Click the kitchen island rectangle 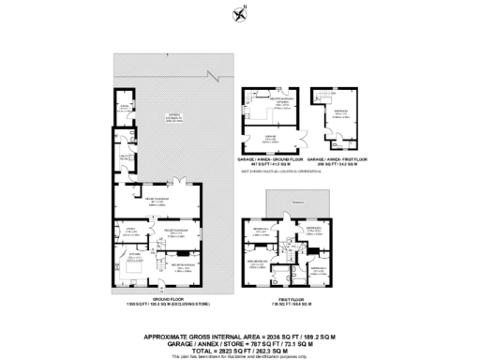point(132,270)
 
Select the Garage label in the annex point(270,138)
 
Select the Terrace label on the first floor point(296,202)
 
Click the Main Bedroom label point(259,263)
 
